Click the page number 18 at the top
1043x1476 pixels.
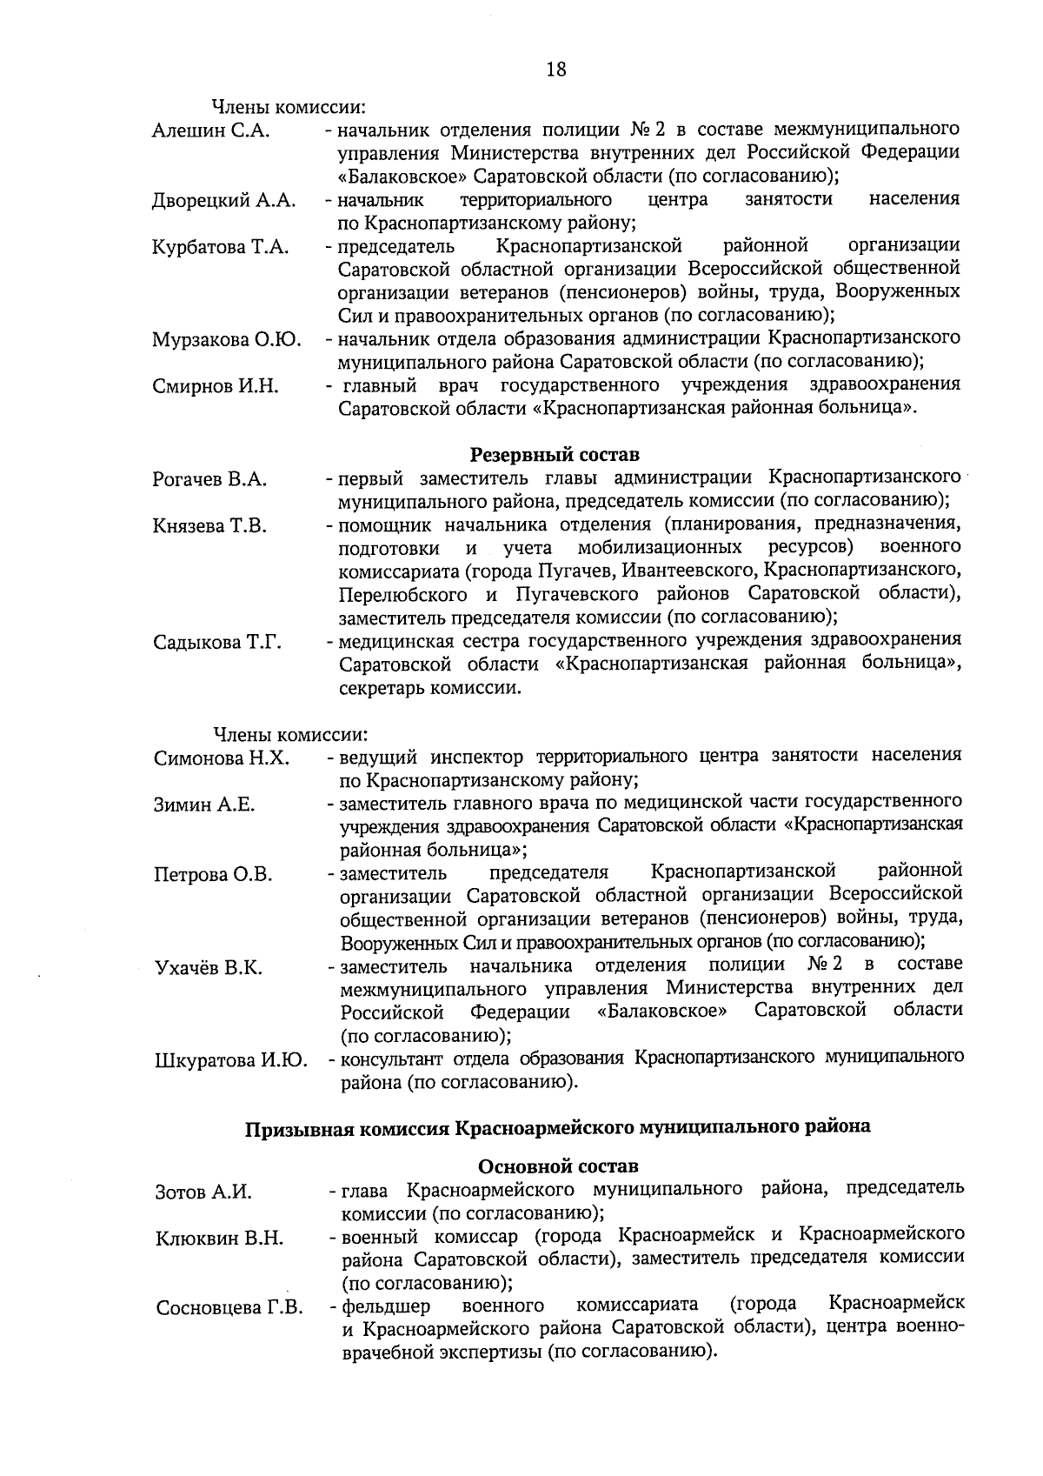pos(555,70)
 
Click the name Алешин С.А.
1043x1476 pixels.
pos(211,131)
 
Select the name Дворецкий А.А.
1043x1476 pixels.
pos(224,202)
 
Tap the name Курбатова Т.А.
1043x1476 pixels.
pos(220,248)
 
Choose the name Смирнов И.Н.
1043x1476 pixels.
pos(216,387)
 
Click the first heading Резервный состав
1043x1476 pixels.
pos(555,455)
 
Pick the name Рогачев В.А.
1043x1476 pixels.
pos(209,479)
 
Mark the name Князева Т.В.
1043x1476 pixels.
pos(209,526)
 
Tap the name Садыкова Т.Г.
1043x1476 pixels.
pos(217,644)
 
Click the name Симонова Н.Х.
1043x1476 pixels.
pos(222,758)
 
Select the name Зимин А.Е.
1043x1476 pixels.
pos(204,805)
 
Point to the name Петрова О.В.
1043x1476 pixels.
pos(213,875)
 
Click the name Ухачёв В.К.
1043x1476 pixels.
pos(209,968)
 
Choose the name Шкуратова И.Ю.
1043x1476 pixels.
pos(230,1061)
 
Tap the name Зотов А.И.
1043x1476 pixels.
pos(203,1192)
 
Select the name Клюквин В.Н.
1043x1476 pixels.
pos(220,1239)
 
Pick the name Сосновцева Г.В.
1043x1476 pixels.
pos(229,1308)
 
